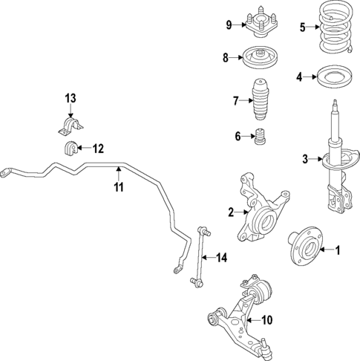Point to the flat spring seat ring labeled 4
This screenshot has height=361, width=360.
pos(335,77)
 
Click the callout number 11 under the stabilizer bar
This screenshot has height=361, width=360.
pos(118,187)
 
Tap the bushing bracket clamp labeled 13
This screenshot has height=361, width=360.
pos(68,123)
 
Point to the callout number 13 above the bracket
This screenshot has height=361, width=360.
pos(70,99)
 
